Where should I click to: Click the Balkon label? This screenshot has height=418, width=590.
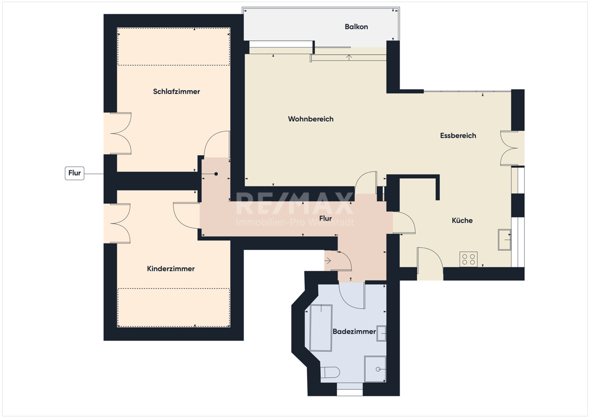(x=356, y=27)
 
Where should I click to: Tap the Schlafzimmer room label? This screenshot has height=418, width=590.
(x=176, y=91)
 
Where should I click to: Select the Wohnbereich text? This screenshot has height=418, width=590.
(x=310, y=119)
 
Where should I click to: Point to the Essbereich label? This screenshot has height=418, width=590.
(x=458, y=136)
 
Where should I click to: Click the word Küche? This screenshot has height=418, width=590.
(x=462, y=220)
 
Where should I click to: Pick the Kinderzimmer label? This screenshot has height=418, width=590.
(x=171, y=269)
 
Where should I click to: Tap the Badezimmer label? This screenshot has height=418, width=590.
(x=354, y=332)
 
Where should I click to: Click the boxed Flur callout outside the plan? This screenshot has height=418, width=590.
(x=75, y=173)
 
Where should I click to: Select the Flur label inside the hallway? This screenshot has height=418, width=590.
(x=326, y=218)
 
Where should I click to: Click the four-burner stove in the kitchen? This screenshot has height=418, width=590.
(x=468, y=259)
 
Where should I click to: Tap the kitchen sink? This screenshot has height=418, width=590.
(x=504, y=240)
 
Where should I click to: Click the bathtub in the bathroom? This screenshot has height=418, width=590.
(x=321, y=328)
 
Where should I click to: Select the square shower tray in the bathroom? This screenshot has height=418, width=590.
(x=375, y=369)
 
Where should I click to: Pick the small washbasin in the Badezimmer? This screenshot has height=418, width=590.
(x=381, y=333)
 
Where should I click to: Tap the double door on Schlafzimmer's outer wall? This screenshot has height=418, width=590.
(x=117, y=133)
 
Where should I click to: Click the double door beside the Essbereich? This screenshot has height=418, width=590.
(x=512, y=148)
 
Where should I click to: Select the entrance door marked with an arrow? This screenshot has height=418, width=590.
(x=338, y=260)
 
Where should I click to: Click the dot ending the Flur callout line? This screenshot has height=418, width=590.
(x=216, y=174)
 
